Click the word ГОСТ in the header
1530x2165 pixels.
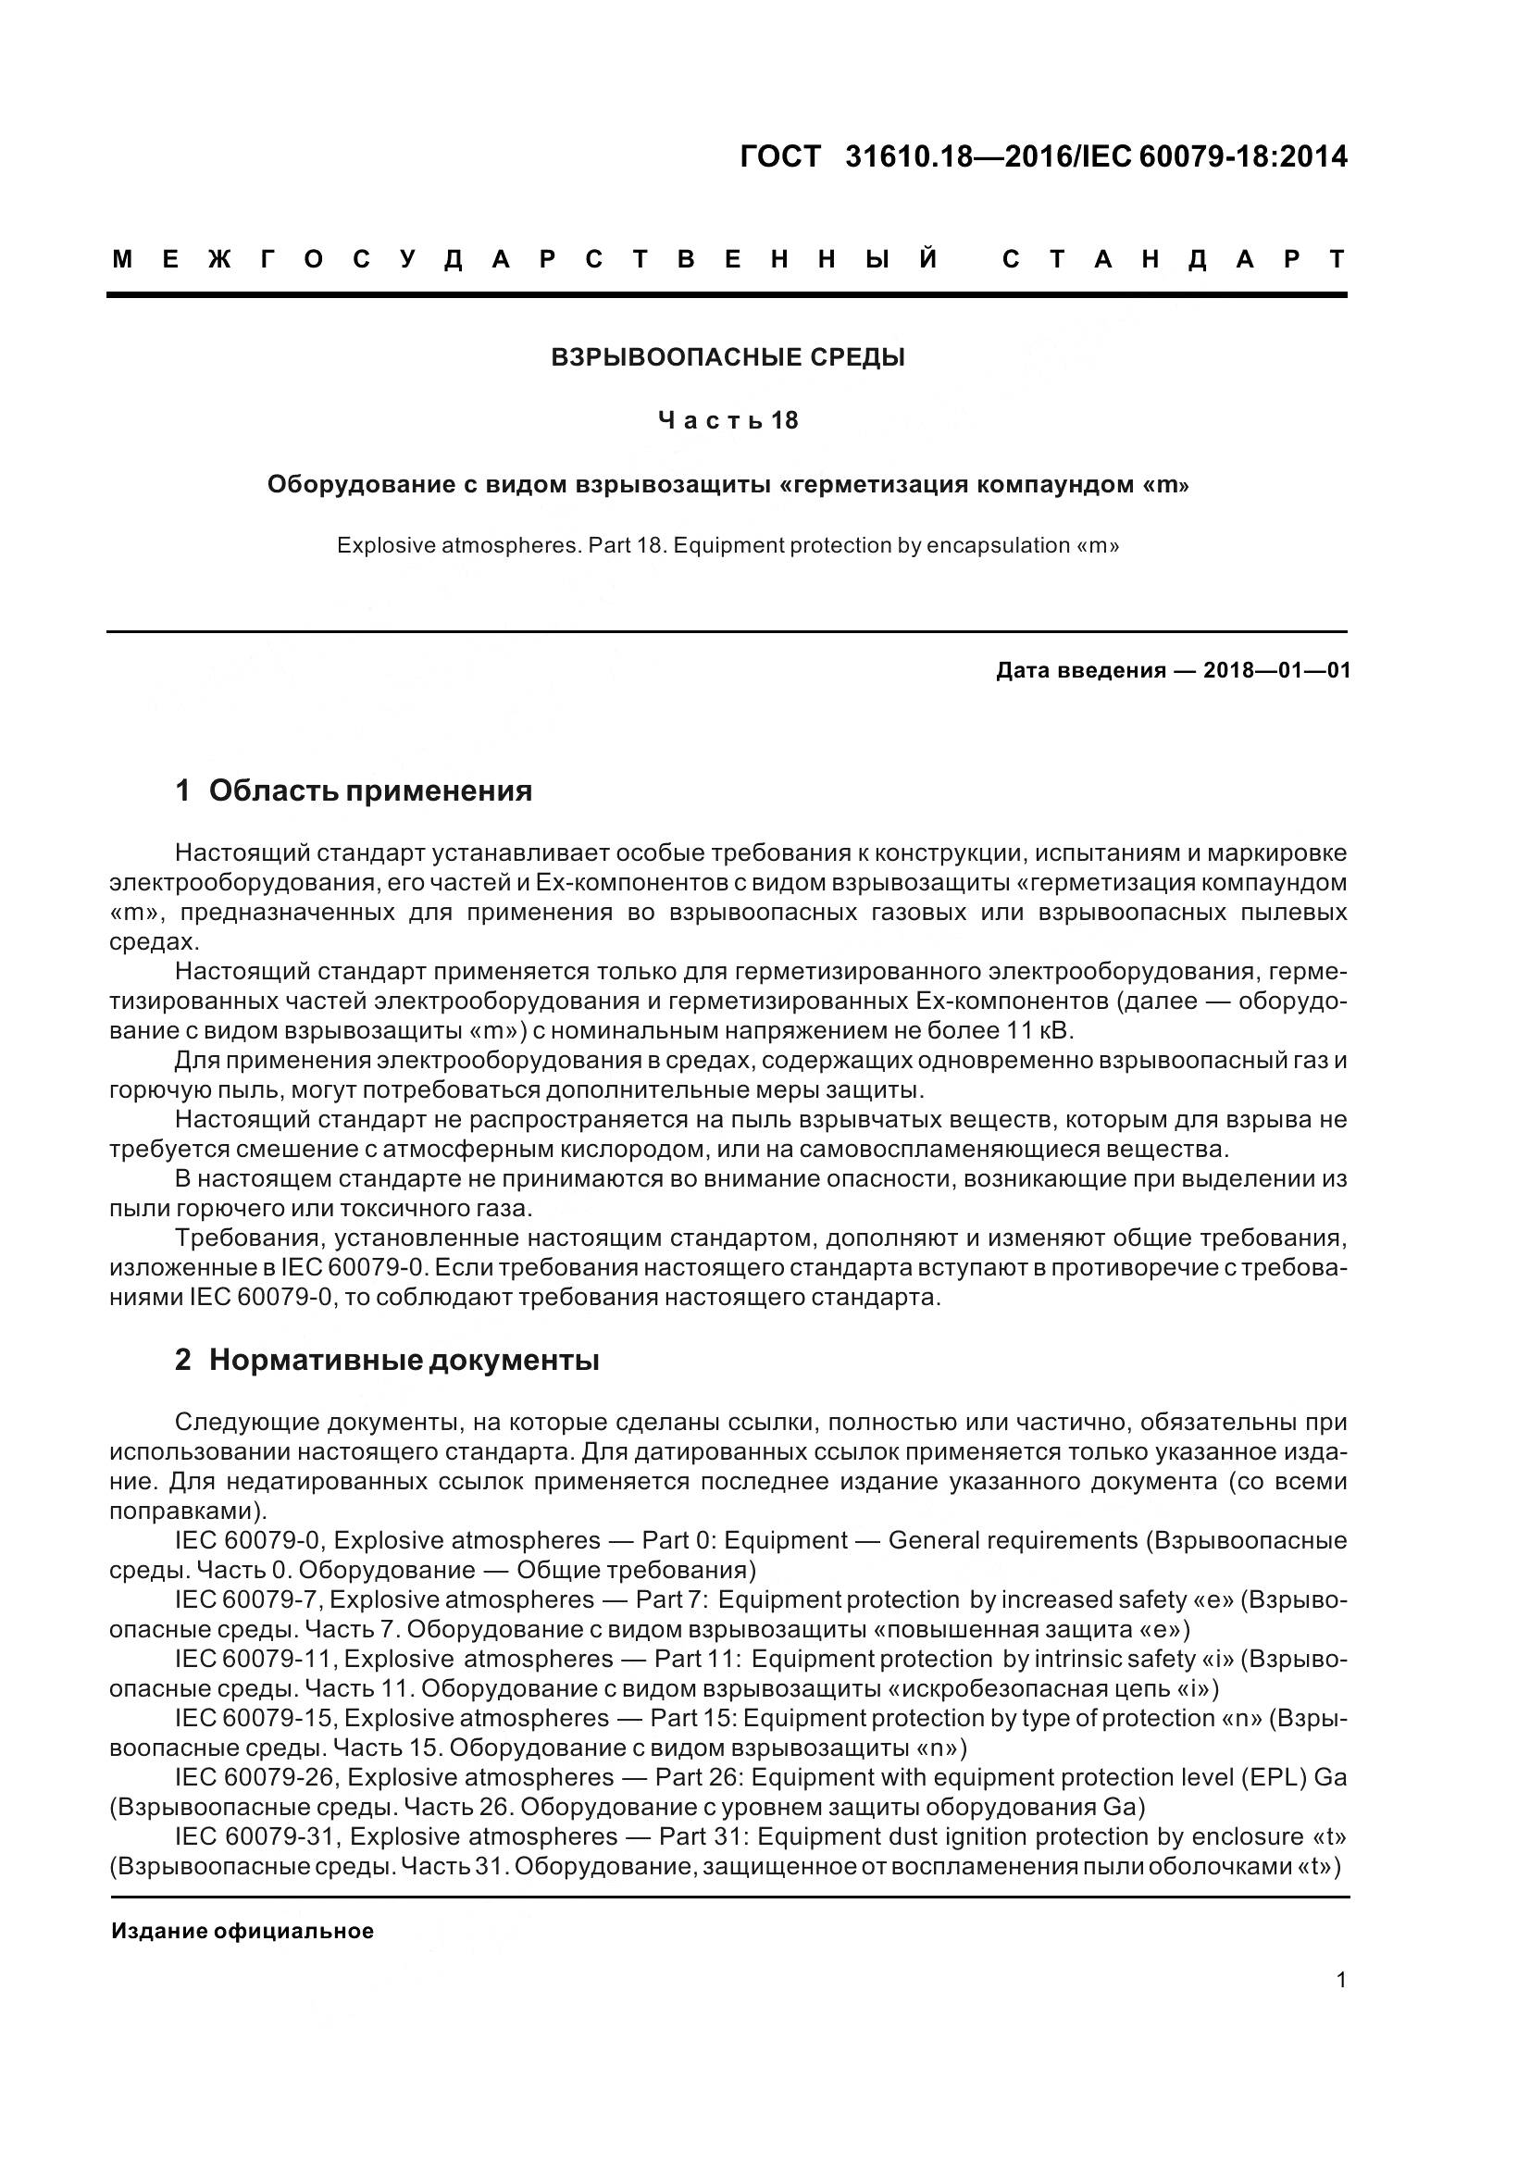pyautogui.click(x=779, y=156)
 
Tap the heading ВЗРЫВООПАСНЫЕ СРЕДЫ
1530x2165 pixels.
pyautogui.click(x=727, y=357)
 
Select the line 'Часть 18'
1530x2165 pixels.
pyautogui.click(x=727, y=420)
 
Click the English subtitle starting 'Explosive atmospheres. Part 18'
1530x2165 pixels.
pyautogui.click(x=727, y=545)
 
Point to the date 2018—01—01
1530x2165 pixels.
pyautogui.click(x=1276, y=670)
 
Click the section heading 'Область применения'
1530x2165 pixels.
pyautogui.click(x=369, y=790)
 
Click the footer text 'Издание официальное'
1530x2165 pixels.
pyautogui.click(x=243, y=1931)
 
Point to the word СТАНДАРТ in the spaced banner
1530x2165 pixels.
pyautogui.click(x=1174, y=259)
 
